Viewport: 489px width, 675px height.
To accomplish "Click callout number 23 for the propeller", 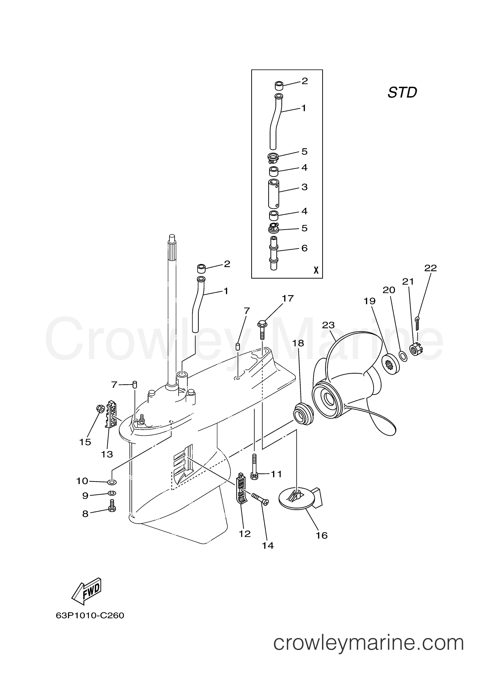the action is coord(328,325).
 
